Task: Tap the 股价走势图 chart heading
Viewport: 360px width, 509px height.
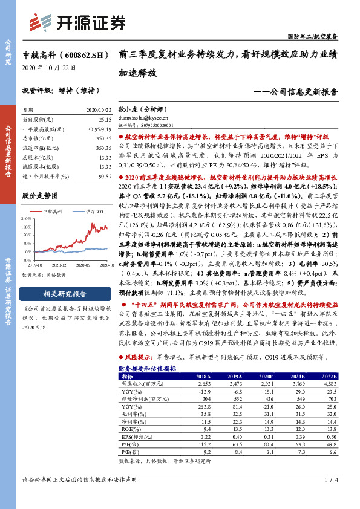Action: pos(40,196)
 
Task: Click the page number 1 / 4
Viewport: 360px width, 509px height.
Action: pos(329,498)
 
